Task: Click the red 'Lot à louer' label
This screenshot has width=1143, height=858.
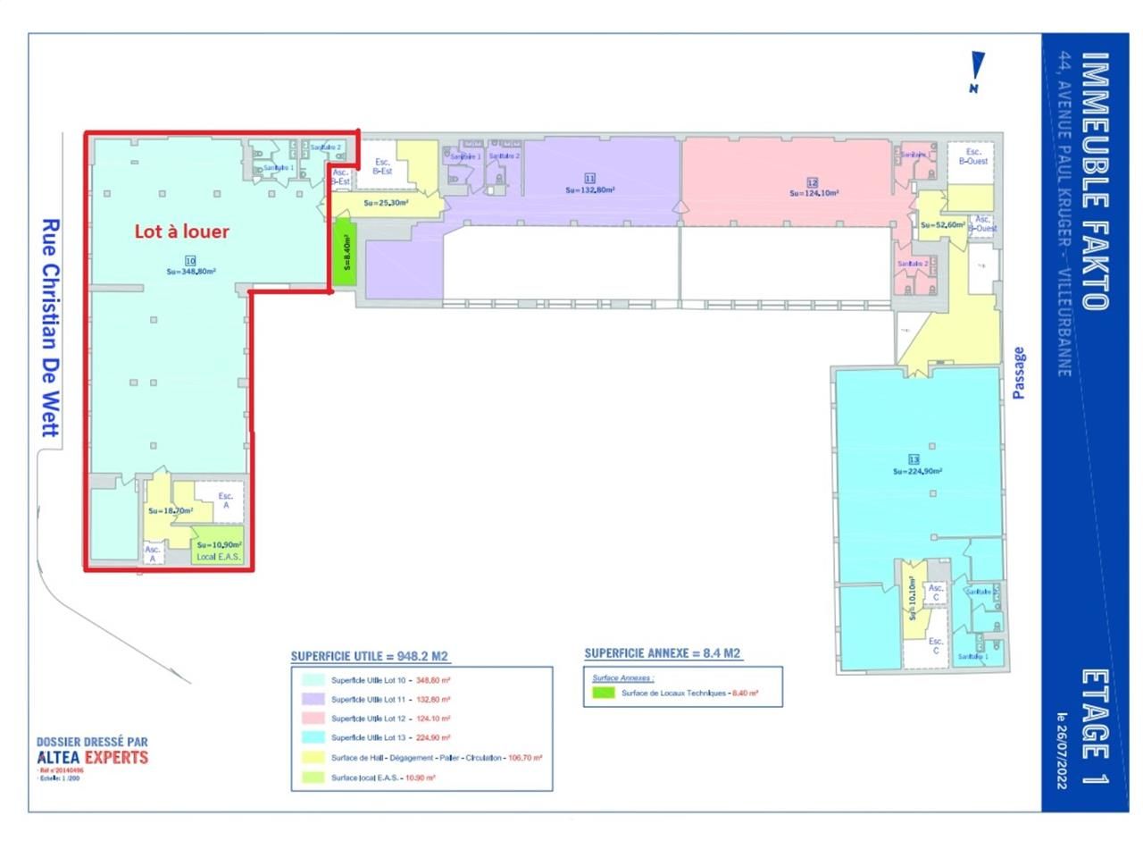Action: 181,231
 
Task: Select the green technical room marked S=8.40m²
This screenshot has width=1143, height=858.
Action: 345,253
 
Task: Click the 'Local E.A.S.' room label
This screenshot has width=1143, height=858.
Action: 219,557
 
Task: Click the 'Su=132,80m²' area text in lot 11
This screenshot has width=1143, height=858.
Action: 589,189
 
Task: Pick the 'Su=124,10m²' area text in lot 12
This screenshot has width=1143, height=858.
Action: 813,193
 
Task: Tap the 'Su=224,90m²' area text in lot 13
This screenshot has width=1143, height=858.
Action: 917,471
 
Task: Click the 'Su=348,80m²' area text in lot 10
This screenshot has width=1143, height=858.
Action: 190,272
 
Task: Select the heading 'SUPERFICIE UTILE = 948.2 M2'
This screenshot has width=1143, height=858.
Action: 370,656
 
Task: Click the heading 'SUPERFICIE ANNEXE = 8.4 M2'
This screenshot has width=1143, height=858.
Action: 663,653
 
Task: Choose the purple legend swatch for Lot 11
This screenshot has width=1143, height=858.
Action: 313,700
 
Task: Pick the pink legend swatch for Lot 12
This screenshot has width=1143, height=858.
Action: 313,719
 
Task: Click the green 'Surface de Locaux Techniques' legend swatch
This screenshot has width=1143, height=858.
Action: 604,693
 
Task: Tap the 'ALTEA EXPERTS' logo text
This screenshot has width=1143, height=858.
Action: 93,758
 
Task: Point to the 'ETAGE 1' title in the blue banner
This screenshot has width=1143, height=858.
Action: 1095,727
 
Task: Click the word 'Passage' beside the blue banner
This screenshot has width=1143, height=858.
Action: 1019,373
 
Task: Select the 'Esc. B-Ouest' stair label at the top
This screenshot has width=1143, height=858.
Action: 972,156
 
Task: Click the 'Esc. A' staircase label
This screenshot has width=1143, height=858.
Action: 226,500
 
